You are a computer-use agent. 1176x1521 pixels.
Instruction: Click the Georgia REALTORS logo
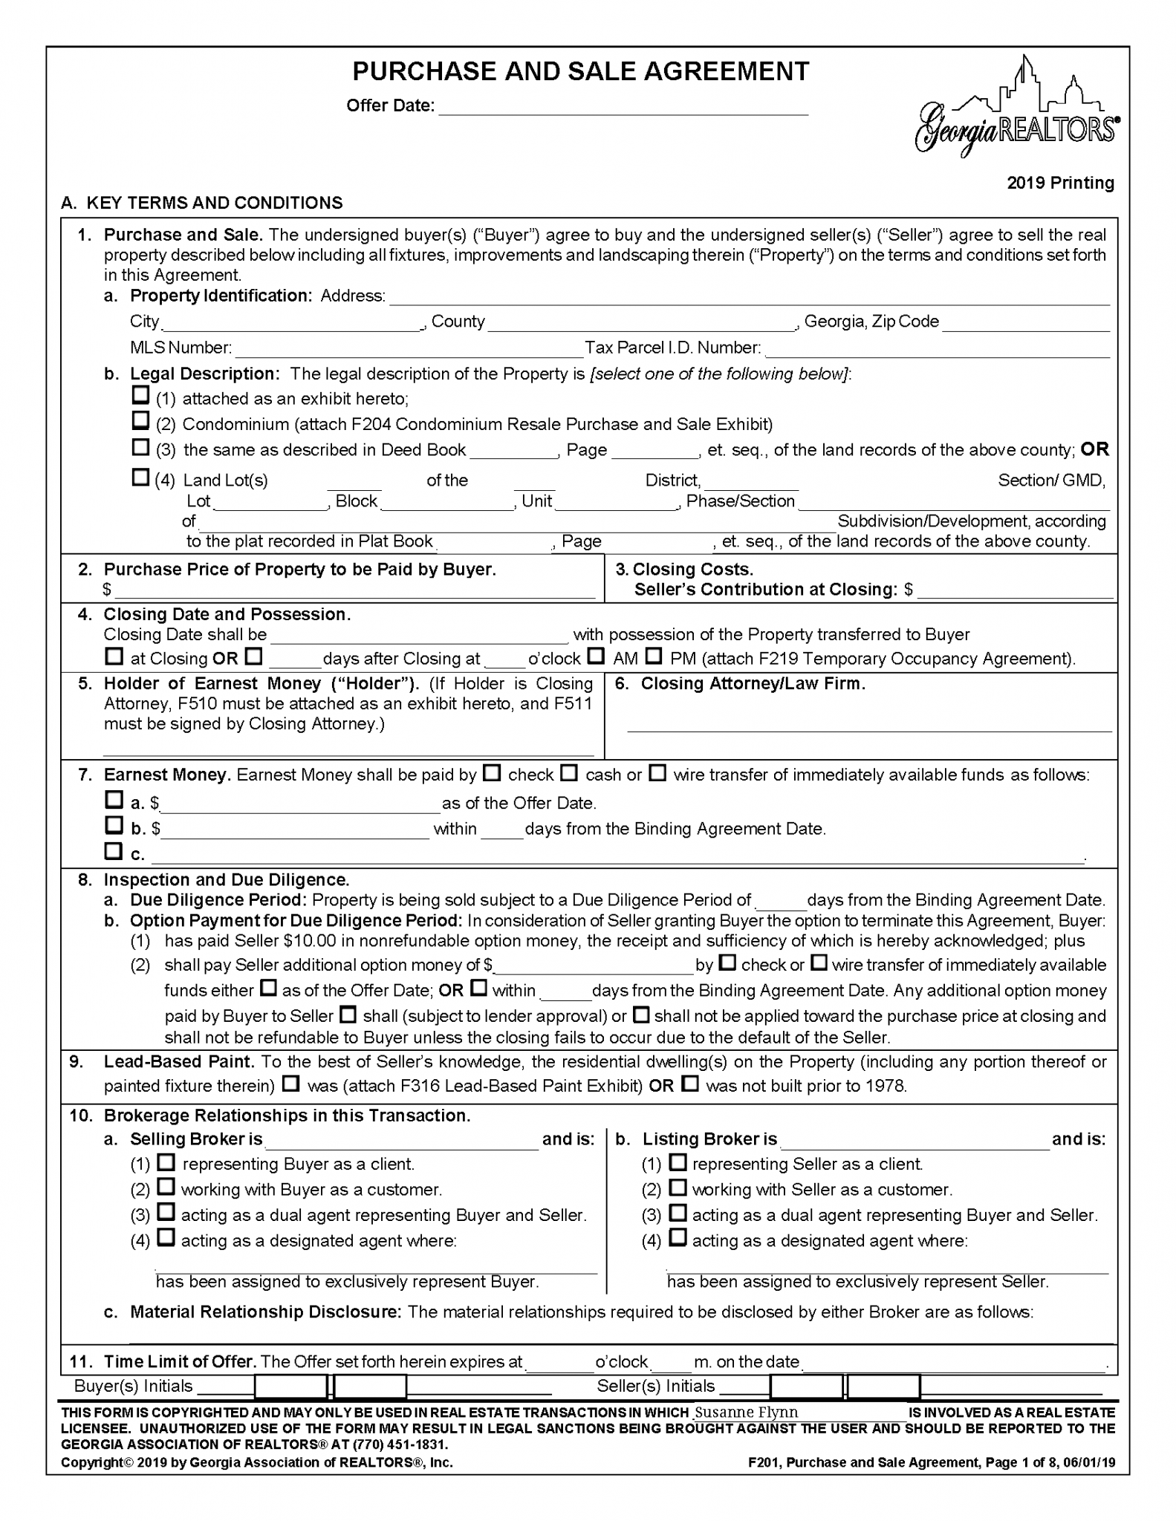point(1016,111)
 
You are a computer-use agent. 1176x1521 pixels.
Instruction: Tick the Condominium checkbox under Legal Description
point(140,421)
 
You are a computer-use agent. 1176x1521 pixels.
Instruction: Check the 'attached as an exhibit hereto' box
point(140,395)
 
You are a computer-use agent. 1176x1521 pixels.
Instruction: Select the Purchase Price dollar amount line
point(354,592)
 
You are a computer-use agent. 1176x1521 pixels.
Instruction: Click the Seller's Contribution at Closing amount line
point(1015,592)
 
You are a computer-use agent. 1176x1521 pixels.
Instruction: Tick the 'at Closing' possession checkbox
point(114,657)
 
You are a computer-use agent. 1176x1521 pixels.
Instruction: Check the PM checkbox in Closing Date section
point(653,657)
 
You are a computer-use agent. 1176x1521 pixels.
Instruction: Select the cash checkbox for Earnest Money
point(568,773)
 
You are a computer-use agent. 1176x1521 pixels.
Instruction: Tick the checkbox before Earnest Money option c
point(114,850)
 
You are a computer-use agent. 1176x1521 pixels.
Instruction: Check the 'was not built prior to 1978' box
point(690,1084)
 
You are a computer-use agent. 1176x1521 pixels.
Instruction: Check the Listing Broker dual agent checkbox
point(677,1213)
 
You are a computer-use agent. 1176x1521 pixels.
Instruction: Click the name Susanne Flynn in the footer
point(746,1412)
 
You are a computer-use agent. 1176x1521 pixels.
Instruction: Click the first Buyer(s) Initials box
point(291,1387)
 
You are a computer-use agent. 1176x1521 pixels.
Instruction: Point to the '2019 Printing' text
point(1060,183)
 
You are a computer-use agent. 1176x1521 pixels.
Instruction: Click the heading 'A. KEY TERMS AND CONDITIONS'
point(202,203)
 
